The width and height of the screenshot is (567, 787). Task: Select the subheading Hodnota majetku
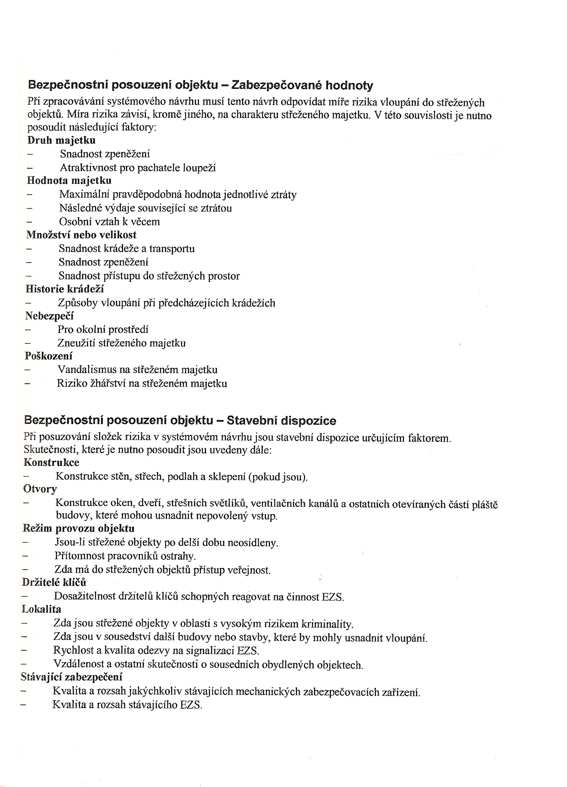[x=69, y=180]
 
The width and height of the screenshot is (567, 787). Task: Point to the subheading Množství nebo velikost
[x=81, y=235]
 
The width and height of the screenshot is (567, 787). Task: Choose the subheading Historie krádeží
[x=65, y=289]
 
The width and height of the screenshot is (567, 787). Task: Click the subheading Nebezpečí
[x=49, y=316]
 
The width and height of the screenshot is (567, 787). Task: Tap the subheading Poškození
[x=49, y=356]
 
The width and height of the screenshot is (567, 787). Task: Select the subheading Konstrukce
[x=52, y=462]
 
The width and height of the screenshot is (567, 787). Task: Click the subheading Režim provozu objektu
[x=79, y=528]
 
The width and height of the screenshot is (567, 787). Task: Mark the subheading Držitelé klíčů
[x=54, y=582]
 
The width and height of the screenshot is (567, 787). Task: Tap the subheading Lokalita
[x=41, y=609]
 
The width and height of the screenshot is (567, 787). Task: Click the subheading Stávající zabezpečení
[x=71, y=677]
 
